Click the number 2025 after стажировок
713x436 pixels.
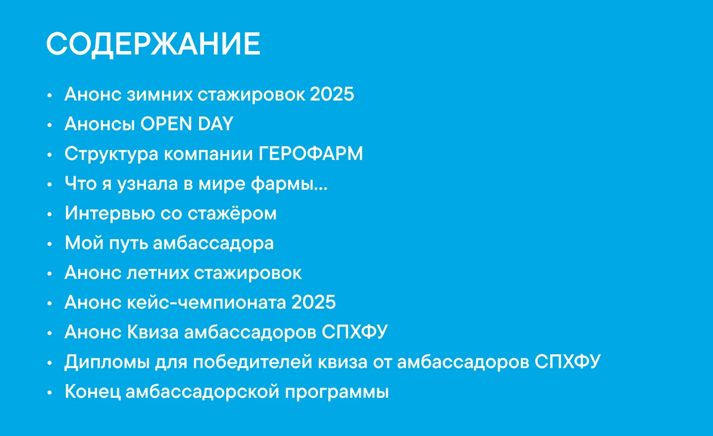click(x=332, y=94)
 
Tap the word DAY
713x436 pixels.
click(x=215, y=124)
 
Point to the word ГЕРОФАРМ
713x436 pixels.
click(x=311, y=154)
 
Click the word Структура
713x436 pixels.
click(x=111, y=154)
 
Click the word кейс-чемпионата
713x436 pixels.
click(x=206, y=302)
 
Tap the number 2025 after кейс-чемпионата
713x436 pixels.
click(x=313, y=302)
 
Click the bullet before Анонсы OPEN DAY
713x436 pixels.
click(x=50, y=125)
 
